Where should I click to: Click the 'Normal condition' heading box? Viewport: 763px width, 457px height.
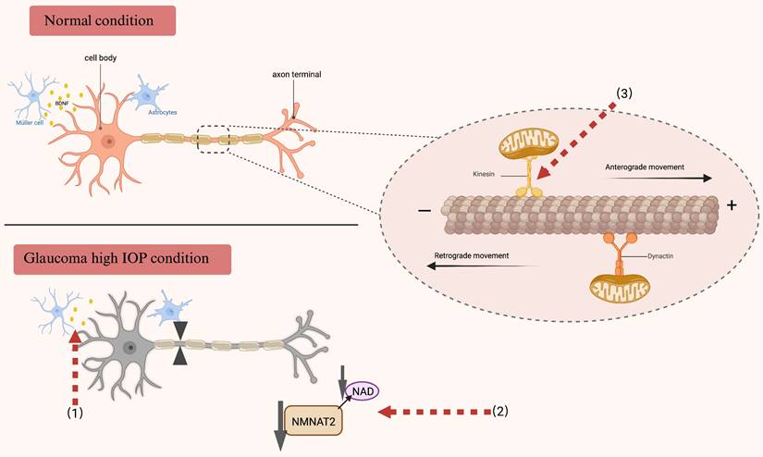(x=103, y=19)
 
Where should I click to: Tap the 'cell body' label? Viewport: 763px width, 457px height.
(x=100, y=58)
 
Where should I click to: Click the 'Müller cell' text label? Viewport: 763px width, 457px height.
(x=28, y=122)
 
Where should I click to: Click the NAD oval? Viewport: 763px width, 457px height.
(x=362, y=391)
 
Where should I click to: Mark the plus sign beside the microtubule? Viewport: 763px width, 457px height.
(x=732, y=205)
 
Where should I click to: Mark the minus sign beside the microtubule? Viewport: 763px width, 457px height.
(x=424, y=210)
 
